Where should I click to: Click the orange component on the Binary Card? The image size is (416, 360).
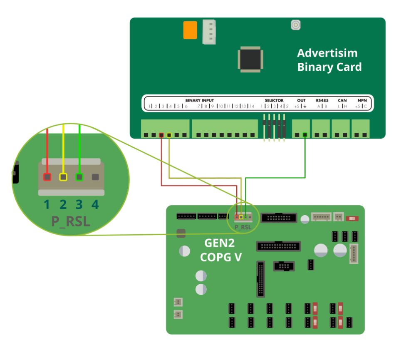190,30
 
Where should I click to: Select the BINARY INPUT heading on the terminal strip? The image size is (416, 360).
200,100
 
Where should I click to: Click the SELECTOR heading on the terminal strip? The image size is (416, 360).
274,100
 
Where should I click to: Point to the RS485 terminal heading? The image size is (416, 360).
322,100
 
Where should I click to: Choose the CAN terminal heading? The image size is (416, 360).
342,100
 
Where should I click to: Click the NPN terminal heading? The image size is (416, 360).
362,100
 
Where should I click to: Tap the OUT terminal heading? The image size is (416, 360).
301,100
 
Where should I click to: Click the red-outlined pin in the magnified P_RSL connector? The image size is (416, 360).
47,177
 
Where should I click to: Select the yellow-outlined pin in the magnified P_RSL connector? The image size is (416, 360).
63,177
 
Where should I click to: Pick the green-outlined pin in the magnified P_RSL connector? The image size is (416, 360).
79,177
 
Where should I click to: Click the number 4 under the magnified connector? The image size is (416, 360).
95,205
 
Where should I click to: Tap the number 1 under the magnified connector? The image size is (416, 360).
47,205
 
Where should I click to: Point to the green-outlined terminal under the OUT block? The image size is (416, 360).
305,134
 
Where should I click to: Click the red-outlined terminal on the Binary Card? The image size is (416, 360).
161,135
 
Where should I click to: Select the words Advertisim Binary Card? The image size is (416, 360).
329,60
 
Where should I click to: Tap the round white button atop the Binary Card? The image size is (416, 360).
295,25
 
